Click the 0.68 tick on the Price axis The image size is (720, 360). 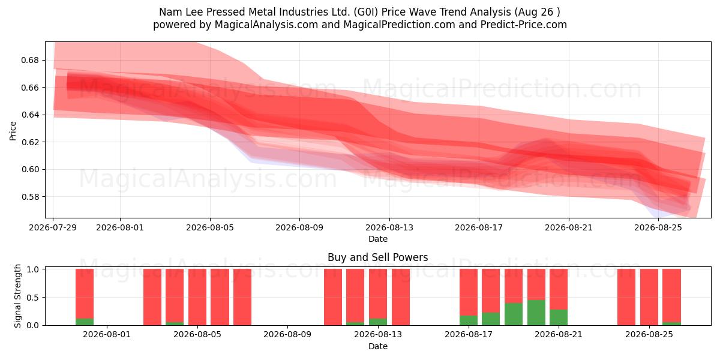pyautogui.click(x=29, y=60)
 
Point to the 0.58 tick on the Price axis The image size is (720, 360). pyautogui.click(x=29, y=197)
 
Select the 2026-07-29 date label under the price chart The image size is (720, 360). pyautogui.click(x=53, y=227)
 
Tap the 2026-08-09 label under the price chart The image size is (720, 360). pyautogui.click(x=299, y=227)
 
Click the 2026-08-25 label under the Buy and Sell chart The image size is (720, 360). pyautogui.click(x=649, y=335)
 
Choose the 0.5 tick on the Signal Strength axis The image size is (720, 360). pyautogui.click(x=32, y=298)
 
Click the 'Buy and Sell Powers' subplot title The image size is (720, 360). pyautogui.click(x=377, y=257)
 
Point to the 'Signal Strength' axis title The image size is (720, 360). pyautogui.click(x=17, y=296)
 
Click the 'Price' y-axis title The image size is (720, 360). pyautogui.click(x=13, y=131)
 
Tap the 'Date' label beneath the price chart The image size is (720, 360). pyautogui.click(x=377, y=239)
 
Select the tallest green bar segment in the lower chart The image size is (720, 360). pyautogui.click(x=536, y=313)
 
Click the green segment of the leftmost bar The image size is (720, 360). pyautogui.click(x=85, y=322)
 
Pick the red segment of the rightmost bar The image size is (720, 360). pyautogui.click(x=672, y=295)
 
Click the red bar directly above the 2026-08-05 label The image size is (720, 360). pyautogui.click(x=197, y=297)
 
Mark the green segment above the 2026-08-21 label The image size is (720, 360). pyautogui.click(x=559, y=317)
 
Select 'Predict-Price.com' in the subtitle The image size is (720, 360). pyautogui.click(x=524, y=25)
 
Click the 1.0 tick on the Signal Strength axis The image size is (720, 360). pyautogui.click(x=32, y=269)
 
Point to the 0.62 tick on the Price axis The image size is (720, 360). pyautogui.click(x=29, y=142)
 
